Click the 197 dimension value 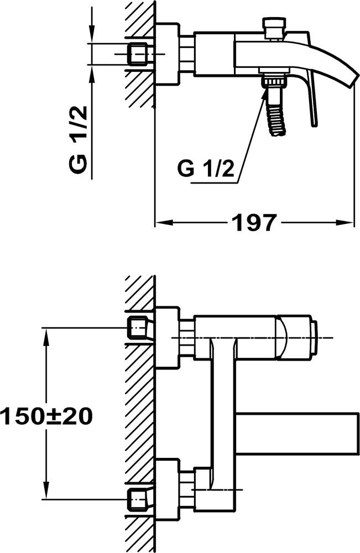coord(254,222)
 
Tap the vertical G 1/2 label coord(79,139)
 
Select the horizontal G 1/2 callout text coord(206,169)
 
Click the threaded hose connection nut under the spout coord(274,82)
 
